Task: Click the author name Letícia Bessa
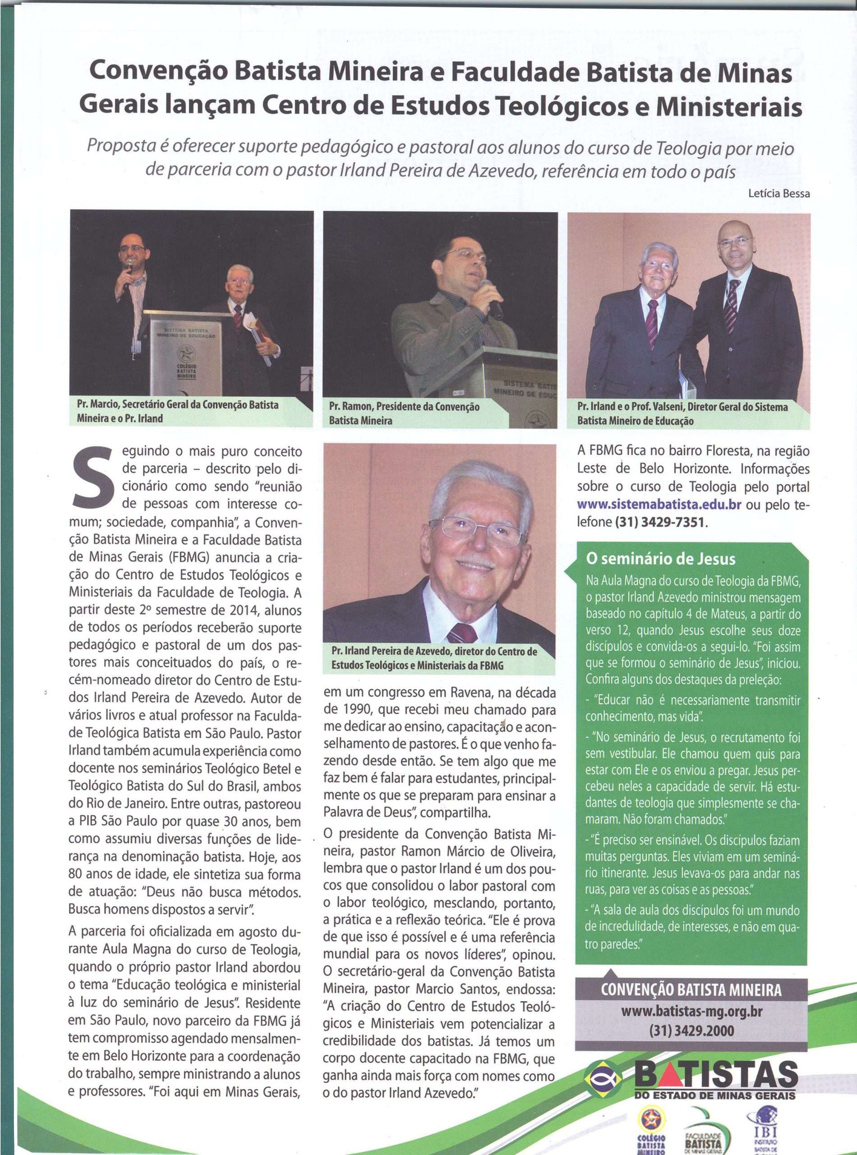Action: [x=779, y=194]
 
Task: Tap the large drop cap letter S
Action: [x=94, y=477]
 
